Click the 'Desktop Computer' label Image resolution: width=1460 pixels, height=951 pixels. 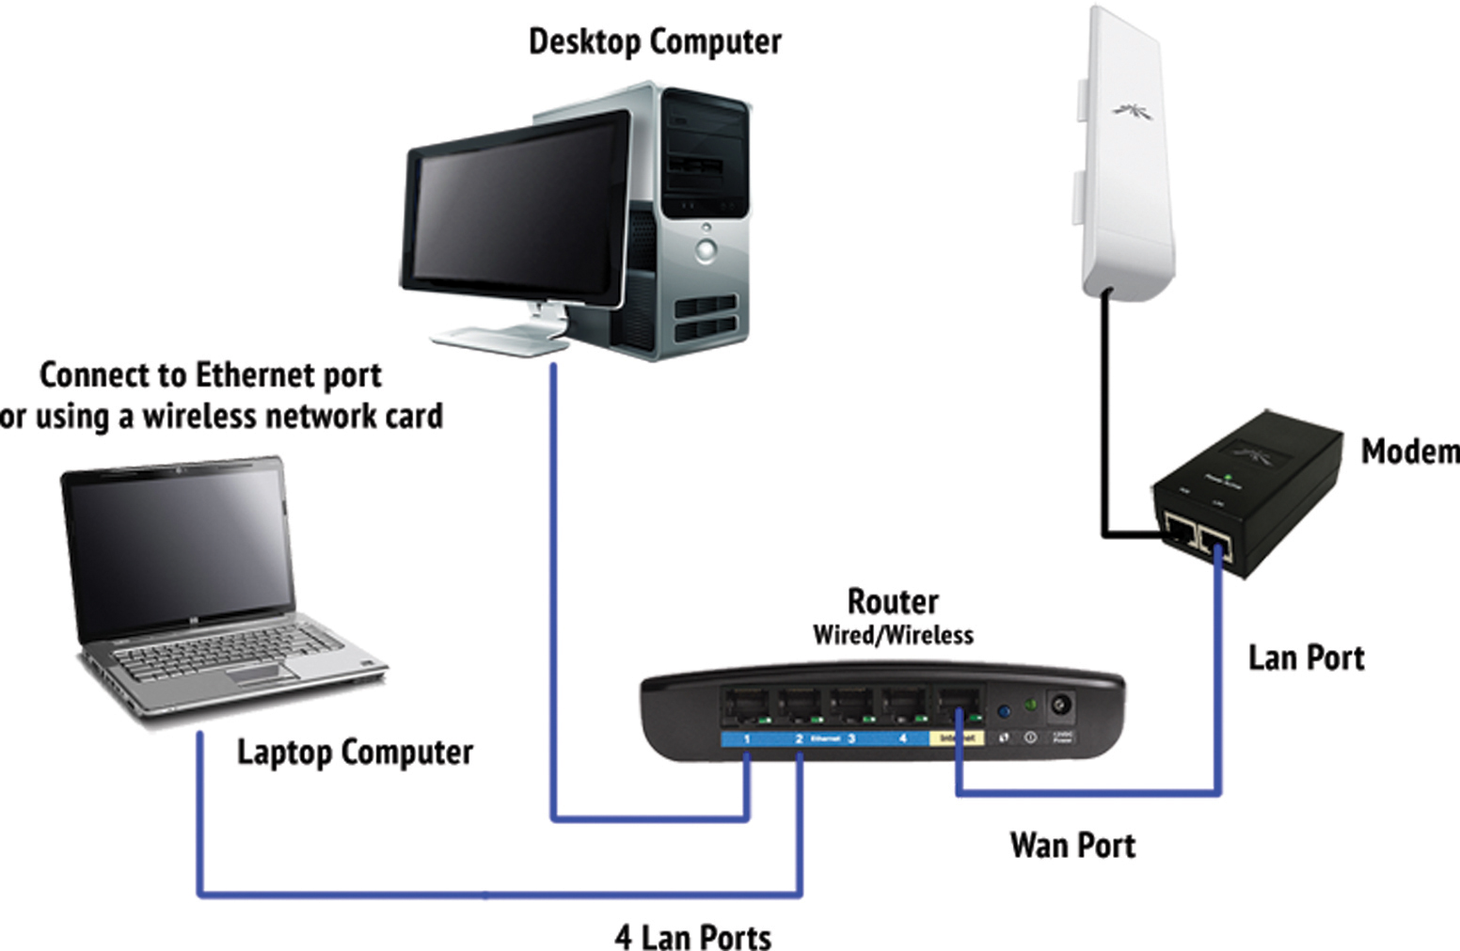tap(655, 42)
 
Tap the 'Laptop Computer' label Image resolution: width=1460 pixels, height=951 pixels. tap(355, 753)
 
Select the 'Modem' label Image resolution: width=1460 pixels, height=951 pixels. tap(1408, 452)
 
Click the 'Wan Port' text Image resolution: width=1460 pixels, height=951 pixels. tap(1072, 845)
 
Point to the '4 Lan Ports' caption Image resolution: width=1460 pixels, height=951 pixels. tap(693, 937)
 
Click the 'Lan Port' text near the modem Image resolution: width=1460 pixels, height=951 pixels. tap(1306, 658)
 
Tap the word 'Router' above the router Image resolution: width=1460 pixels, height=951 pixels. tap(893, 601)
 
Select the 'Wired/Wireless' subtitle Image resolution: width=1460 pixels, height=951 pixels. tap(893, 636)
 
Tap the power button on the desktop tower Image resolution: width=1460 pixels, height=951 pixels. tap(706, 250)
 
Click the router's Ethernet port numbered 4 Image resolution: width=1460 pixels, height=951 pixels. tap(903, 706)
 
